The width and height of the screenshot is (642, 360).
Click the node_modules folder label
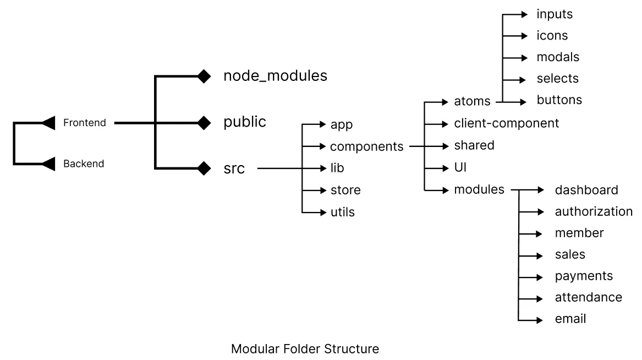point(275,76)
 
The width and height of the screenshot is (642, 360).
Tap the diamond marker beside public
point(204,122)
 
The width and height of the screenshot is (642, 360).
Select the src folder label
point(234,168)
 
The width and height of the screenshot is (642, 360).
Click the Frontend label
point(84,123)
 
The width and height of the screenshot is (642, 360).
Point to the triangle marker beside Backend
point(48,163)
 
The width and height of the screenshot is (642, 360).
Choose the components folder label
point(366,146)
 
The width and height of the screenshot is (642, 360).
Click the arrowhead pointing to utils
point(323,212)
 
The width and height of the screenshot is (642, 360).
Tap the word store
point(345,190)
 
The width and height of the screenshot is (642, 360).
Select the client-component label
point(506,123)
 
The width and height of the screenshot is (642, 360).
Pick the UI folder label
point(460,167)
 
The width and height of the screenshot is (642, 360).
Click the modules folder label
point(479,189)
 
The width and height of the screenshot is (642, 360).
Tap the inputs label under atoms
point(554,14)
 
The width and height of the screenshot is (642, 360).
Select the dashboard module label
point(586,190)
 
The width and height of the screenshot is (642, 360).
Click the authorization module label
point(594,211)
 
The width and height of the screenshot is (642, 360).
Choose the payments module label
point(583,276)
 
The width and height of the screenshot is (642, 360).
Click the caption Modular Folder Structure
point(305,349)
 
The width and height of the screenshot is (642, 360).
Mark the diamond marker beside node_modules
point(204,77)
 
